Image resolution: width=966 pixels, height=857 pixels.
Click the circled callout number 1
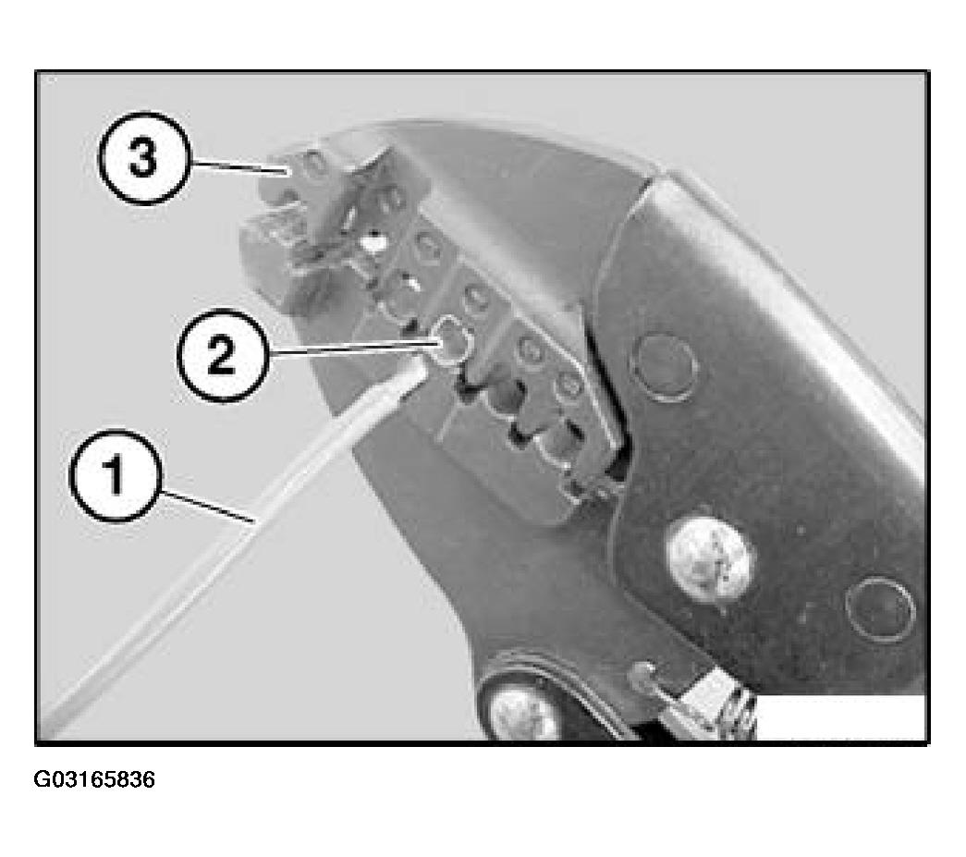point(116,475)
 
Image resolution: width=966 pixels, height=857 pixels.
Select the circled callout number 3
point(143,158)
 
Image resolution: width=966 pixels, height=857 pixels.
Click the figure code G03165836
point(94,779)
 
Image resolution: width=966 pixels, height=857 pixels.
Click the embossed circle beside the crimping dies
point(666,368)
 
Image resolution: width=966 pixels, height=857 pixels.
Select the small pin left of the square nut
point(642,675)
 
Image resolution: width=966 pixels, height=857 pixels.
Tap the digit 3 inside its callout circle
point(143,158)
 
